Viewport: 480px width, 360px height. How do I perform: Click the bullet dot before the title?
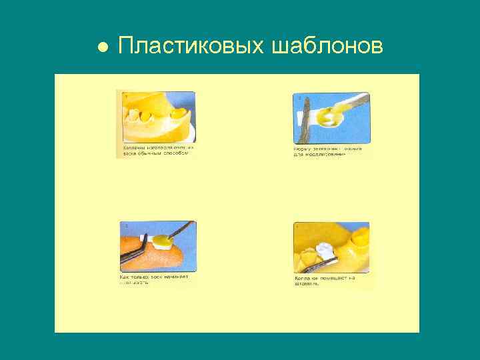click(x=102, y=47)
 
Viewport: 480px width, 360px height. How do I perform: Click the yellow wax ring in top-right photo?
click(x=326, y=118)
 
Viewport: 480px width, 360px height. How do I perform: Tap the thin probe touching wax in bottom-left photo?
click(x=181, y=230)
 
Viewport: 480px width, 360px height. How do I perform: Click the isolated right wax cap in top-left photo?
click(x=177, y=115)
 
